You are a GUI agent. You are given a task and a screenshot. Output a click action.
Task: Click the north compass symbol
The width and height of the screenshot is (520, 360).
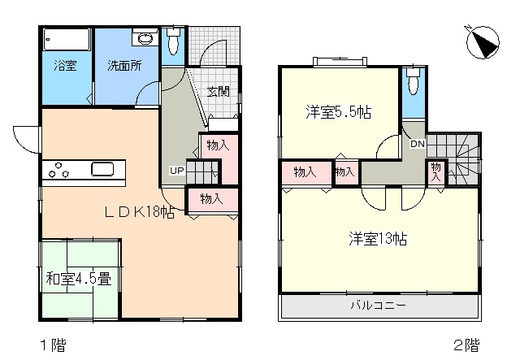pyautogui.click(x=483, y=42)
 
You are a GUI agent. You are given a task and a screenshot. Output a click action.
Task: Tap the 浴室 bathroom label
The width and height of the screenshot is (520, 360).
pyautogui.click(x=65, y=65)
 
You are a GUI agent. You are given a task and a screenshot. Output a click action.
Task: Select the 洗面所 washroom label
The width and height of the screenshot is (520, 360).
pyautogui.click(x=124, y=65)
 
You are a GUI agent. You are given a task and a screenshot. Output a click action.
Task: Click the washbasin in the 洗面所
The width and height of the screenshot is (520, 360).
pyautogui.click(x=145, y=38)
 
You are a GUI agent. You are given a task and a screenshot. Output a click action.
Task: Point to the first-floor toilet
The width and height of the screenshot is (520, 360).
pyautogui.click(x=173, y=41)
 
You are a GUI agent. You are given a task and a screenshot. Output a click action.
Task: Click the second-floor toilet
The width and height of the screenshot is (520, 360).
pyautogui.click(x=414, y=81)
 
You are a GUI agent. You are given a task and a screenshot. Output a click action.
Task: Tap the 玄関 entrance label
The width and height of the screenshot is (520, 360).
pyautogui.click(x=219, y=91)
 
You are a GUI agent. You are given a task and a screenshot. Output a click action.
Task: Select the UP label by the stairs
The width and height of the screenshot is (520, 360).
pyautogui.click(x=177, y=171)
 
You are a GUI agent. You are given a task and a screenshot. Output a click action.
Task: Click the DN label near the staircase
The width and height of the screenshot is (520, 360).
pyautogui.click(x=418, y=144)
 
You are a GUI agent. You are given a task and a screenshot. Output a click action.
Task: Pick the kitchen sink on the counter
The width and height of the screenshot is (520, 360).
pyautogui.click(x=102, y=169)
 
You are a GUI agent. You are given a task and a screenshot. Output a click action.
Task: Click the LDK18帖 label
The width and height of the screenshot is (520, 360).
pyautogui.click(x=139, y=211)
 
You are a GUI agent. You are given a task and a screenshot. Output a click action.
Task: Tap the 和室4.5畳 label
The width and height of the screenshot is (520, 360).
pyautogui.click(x=79, y=279)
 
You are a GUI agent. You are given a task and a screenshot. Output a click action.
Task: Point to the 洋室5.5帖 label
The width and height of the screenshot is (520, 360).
pyautogui.click(x=339, y=112)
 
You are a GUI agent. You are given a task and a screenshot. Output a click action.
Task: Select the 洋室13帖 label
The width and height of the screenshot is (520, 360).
pyautogui.click(x=378, y=239)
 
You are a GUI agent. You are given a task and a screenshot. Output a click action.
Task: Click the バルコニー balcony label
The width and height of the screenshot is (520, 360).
pyautogui.click(x=379, y=305)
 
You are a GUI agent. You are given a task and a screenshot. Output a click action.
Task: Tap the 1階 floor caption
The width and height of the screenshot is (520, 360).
pyautogui.click(x=53, y=345)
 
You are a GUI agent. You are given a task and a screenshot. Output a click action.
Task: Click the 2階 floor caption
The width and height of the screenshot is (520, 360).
pyautogui.click(x=467, y=345)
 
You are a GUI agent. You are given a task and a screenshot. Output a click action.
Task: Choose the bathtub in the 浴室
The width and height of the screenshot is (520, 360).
pyautogui.click(x=67, y=40)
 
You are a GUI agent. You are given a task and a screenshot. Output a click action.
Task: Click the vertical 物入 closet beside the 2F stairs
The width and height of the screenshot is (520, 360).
pyautogui.click(x=436, y=172)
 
